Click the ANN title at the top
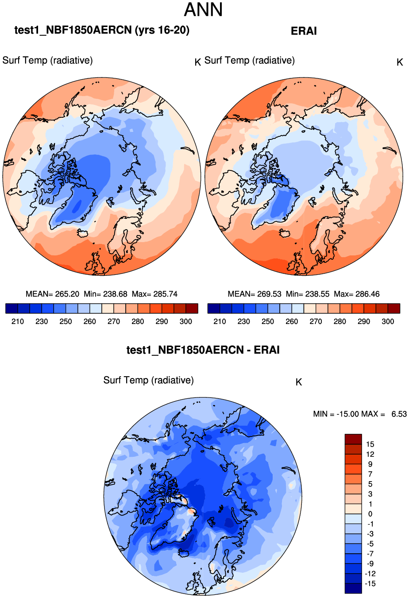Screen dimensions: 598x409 [203, 10]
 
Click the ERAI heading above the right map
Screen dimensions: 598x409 [304, 31]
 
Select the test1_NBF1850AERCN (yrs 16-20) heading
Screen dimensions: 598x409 [102, 30]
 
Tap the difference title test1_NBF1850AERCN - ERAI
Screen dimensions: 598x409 [203, 350]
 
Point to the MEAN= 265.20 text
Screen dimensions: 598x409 [53, 294]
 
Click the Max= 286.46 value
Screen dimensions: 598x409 [357, 294]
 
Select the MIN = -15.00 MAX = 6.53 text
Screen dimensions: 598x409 [359, 414]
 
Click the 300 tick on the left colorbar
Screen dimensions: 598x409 [186, 321]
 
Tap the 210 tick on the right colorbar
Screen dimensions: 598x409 [220, 321]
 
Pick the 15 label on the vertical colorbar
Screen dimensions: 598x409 [370, 444]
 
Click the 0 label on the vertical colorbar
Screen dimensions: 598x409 [370, 514]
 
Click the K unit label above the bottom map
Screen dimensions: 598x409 [299, 382]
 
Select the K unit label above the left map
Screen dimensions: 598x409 [198, 62]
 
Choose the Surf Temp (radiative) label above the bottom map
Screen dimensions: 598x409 [148, 380]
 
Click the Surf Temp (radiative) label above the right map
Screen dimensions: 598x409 [250, 60]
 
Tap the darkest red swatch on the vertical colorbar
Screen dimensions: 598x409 [353, 439]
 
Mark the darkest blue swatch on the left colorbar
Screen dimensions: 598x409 [12, 308]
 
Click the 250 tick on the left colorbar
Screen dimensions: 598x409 [66, 321]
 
